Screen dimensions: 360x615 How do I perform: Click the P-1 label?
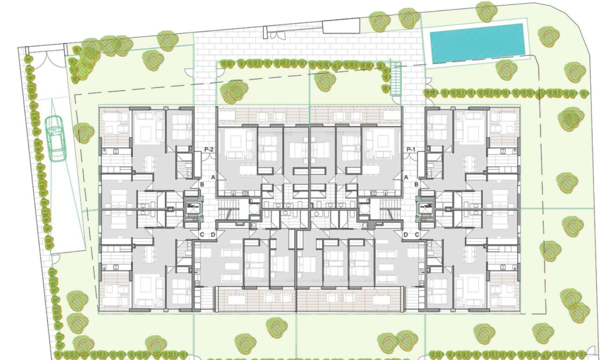click(x=411, y=150)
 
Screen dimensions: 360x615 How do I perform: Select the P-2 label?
click(x=208, y=150)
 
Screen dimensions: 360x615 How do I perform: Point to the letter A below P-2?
click(x=214, y=177)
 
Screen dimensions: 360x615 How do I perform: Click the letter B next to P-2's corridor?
click(x=202, y=184)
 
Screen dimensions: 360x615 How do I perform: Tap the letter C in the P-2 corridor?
click(x=202, y=234)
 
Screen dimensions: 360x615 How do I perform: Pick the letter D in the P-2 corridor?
click(x=213, y=234)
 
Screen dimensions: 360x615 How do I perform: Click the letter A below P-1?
click(x=406, y=177)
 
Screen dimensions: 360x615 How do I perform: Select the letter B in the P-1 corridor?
click(x=417, y=184)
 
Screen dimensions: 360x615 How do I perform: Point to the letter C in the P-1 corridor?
click(x=417, y=234)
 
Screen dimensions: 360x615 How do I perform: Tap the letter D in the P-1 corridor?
click(x=406, y=234)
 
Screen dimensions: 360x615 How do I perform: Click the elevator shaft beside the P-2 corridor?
click(x=193, y=208)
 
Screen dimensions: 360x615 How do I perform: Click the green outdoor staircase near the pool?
click(x=396, y=79)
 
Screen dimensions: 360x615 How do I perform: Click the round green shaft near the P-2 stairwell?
click(x=254, y=209)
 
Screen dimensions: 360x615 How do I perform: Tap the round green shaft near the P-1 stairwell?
click(x=365, y=209)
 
